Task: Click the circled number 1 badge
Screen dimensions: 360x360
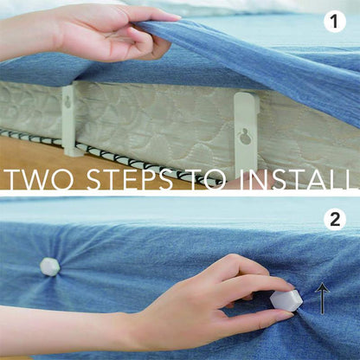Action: pyautogui.click(x=334, y=22)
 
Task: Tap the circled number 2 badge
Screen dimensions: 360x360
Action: pyautogui.click(x=334, y=219)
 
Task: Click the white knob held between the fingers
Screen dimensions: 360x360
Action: pyautogui.click(x=286, y=300)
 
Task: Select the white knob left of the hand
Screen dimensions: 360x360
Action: pyautogui.click(x=50, y=267)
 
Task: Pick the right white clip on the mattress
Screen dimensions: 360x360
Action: pyautogui.click(x=247, y=130)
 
